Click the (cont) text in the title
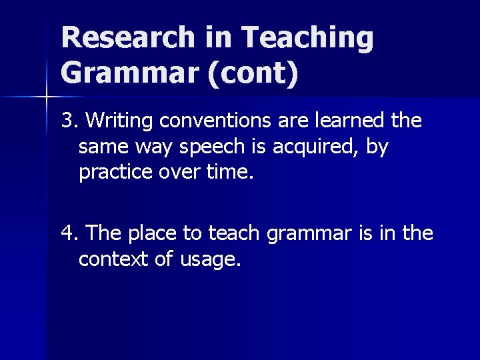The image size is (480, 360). [x=253, y=73]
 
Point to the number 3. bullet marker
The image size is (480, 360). [x=70, y=121]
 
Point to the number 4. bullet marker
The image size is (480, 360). [x=70, y=233]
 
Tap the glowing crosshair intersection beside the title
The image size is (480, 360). [x=46, y=97]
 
